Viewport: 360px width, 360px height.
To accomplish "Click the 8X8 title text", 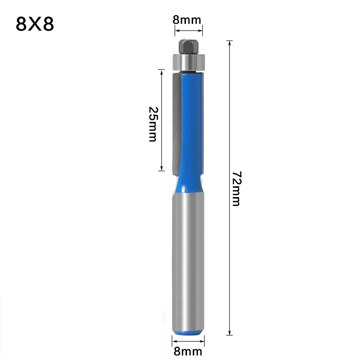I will (x=35, y=25).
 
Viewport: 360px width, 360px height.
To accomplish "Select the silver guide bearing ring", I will (x=188, y=62).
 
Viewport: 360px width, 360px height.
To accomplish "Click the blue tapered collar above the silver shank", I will (x=188, y=182).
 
